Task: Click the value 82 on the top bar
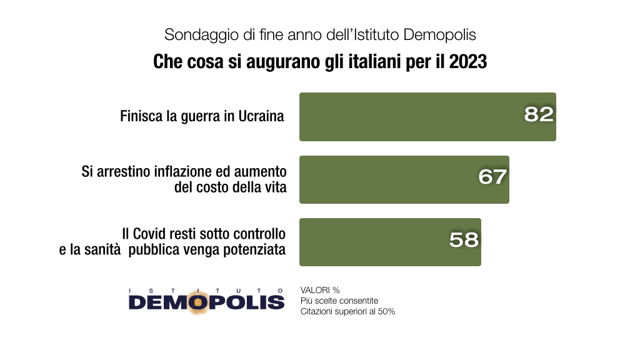click(x=539, y=114)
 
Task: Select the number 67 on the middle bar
click(x=492, y=177)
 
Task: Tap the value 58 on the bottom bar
click(x=464, y=239)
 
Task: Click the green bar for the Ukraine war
click(x=406, y=117)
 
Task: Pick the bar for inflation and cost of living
click(x=387, y=179)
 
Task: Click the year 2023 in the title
click(x=467, y=63)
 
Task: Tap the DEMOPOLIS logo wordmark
click(x=206, y=302)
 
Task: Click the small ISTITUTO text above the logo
click(x=206, y=291)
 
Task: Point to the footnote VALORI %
click(x=319, y=291)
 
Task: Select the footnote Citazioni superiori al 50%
click(x=347, y=312)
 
